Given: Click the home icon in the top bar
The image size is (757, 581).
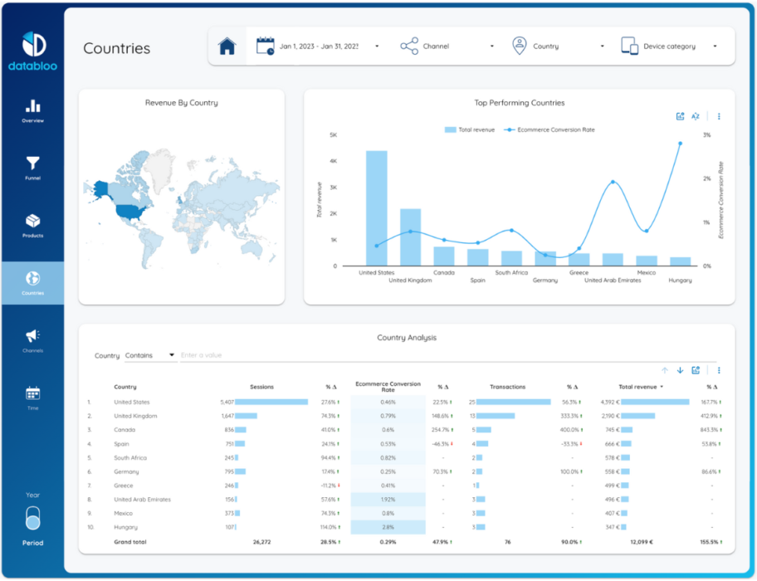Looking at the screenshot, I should coord(227,46).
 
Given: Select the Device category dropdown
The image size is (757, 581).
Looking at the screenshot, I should coord(668,46).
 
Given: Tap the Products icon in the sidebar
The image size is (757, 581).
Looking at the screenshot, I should coord(32,222).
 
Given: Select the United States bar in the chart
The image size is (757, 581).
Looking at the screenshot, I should coord(376,208).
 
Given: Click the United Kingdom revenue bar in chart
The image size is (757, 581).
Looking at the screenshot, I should coord(411,237).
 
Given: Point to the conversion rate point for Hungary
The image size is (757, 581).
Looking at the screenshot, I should coord(681,143).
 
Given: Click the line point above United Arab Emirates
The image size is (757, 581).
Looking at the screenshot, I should coord(613,182).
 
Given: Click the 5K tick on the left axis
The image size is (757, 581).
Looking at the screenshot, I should coord(333,134).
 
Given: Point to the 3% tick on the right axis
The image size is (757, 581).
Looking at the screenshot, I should coord(706,134).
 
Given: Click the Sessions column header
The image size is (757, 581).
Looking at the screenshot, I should coord(261,387).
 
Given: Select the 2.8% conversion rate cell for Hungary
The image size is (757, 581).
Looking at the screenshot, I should coord(388,527).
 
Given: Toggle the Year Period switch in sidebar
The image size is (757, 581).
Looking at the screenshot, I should coord(32,520).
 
